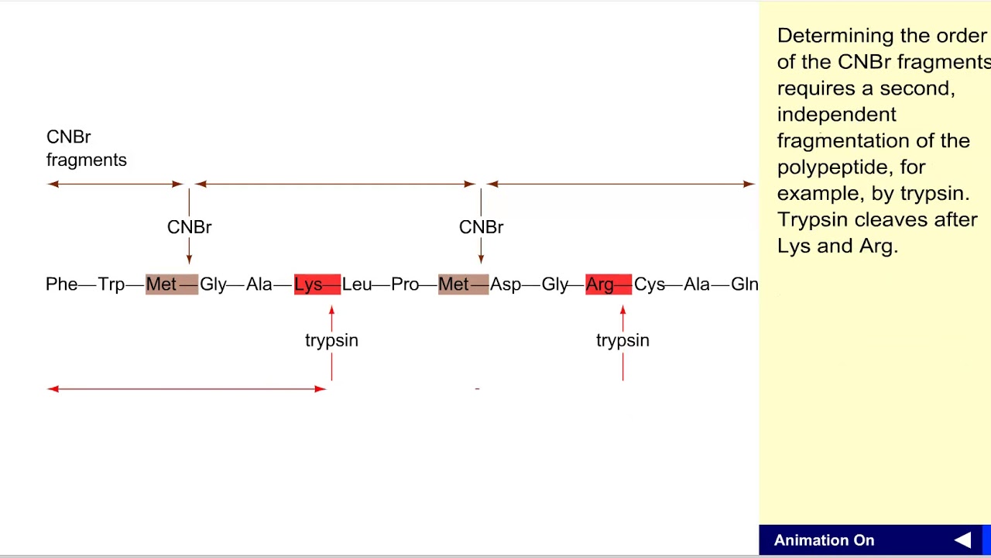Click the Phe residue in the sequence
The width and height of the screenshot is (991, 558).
61,284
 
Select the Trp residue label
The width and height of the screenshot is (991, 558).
111,284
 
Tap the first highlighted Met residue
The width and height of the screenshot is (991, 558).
161,284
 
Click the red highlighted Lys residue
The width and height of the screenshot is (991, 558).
308,284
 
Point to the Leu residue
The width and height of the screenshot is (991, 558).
356,284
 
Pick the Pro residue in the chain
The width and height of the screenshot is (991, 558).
405,284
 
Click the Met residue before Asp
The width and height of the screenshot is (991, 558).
454,284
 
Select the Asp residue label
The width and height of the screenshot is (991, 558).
506,284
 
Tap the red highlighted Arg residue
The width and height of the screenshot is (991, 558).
600,284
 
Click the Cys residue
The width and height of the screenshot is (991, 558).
649,284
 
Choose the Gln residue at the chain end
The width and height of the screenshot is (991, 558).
744,284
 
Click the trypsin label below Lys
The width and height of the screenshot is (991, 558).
331,340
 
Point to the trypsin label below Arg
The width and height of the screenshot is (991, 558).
622,340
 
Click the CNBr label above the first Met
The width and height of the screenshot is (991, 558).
189,227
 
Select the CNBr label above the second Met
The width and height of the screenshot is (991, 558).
481,227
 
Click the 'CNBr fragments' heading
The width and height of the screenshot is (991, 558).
86,148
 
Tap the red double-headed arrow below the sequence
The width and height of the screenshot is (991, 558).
186,388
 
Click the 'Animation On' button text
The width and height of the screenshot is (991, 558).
824,540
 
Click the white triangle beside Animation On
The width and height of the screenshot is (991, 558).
962,540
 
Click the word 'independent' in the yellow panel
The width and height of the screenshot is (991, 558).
836,115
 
